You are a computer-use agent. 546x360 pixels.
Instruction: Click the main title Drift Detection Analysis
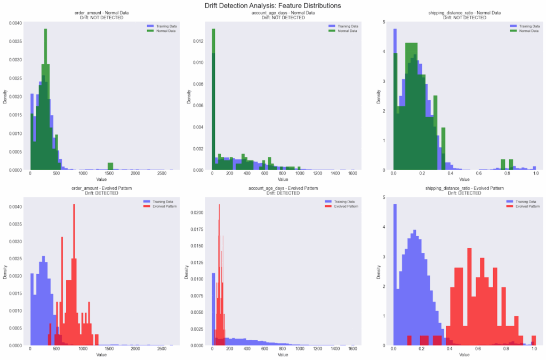click(273, 5)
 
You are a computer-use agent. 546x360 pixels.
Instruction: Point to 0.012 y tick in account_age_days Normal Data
click(198, 41)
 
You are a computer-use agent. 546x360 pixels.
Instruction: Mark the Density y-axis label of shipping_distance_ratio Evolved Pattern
click(378, 271)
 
